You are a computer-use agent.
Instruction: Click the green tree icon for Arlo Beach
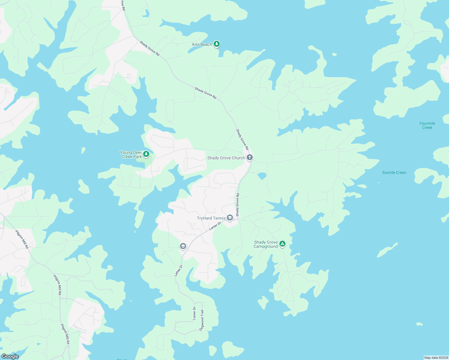[217, 44]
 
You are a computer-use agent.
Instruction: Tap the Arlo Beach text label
[202, 44]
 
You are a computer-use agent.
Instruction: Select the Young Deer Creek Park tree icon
[146, 154]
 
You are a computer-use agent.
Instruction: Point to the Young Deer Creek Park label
[131, 154]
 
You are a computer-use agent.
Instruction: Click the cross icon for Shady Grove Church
[249, 157]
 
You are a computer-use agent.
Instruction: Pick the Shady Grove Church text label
[226, 158]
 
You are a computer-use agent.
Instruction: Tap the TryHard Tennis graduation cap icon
[230, 218]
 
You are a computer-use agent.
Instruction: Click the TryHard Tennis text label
[211, 218]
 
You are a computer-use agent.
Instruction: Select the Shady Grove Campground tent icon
[282, 244]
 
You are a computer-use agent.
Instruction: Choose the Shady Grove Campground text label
[266, 244]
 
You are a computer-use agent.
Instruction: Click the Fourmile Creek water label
[427, 125]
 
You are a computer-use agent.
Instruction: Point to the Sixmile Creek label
[394, 172]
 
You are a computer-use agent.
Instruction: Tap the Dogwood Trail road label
[202, 320]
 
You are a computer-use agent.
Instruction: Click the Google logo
[10, 356]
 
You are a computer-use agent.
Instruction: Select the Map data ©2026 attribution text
[436, 358]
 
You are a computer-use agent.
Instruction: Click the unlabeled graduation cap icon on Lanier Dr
[183, 246]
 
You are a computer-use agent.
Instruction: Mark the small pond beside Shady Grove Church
[262, 176]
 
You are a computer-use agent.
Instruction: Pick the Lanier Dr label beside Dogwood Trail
[194, 313]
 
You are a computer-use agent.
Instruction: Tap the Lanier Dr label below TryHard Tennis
[215, 226]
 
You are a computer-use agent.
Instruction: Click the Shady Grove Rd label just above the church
[242, 139]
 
